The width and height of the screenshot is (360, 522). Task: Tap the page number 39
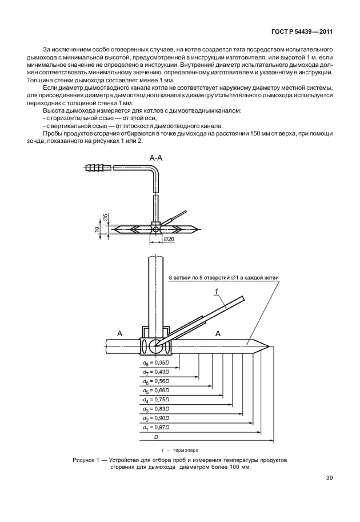(x=329, y=477)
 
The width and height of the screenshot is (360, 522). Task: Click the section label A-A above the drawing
(x=157, y=156)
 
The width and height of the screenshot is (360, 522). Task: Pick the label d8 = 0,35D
(x=155, y=362)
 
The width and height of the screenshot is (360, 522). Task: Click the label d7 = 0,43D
(x=155, y=372)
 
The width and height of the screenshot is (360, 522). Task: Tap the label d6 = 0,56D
(x=155, y=381)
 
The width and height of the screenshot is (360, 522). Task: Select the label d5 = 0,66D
(x=155, y=391)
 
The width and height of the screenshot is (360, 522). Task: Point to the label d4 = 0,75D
(x=155, y=400)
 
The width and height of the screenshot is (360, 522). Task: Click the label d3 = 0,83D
(x=155, y=409)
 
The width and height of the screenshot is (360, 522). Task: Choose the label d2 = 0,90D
(x=155, y=419)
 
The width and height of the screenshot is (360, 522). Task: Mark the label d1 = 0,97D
(x=155, y=428)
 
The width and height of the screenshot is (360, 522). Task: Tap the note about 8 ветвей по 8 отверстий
(x=223, y=278)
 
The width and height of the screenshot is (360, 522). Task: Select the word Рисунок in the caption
(x=86, y=460)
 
